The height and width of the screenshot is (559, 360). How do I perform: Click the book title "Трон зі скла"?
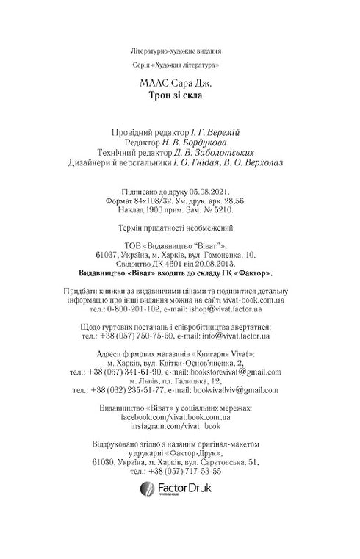tap(179, 95)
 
